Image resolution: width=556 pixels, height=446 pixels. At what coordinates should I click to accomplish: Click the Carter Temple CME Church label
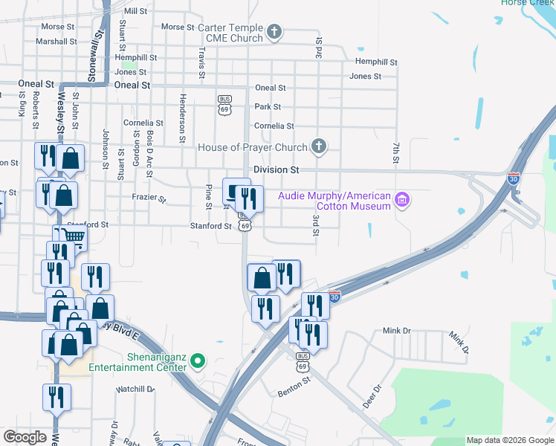pyautogui.click(x=230, y=33)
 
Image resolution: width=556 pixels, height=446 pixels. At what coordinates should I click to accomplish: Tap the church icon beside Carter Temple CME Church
pyautogui.click(x=274, y=32)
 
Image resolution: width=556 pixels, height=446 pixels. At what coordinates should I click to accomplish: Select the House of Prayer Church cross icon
pyautogui.click(x=319, y=146)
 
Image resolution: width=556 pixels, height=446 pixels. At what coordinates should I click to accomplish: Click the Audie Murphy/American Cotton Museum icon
pyautogui.click(x=402, y=200)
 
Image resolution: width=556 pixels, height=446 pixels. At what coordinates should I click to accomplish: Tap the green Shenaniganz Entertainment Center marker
pyautogui.click(x=197, y=362)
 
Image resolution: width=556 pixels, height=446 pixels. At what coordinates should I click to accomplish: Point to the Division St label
pyautogui.click(x=276, y=170)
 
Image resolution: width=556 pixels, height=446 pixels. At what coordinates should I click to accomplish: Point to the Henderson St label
pyautogui.click(x=181, y=117)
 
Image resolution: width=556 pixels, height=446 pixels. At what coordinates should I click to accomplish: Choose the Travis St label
pyautogui.click(x=201, y=62)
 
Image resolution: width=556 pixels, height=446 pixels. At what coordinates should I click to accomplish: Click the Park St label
pyautogui.click(x=268, y=107)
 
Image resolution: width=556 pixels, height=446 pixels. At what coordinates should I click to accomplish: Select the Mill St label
pyautogui.click(x=136, y=11)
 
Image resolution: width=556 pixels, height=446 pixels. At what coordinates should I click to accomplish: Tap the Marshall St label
pyautogui.click(x=56, y=42)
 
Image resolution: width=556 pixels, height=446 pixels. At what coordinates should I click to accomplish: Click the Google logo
pyautogui.click(x=25, y=436)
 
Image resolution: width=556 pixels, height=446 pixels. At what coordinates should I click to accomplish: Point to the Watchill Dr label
pyautogui.click(x=135, y=389)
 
